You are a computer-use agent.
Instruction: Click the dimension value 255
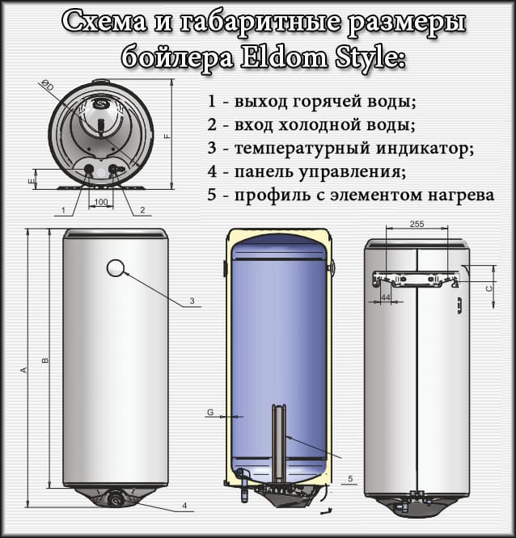[x=417, y=224]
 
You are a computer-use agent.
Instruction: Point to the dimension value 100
[x=101, y=201]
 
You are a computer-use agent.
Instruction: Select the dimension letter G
[x=210, y=413]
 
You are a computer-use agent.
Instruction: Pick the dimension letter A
[x=24, y=370]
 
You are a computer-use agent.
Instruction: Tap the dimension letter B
[x=45, y=360]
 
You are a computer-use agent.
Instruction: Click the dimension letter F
[x=167, y=137]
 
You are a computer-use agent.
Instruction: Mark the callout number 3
[x=192, y=301]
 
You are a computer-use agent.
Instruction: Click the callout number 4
[x=184, y=506]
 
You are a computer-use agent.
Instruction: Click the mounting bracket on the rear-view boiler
[x=415, y=280]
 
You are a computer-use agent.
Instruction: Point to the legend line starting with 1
[x=311, y=103]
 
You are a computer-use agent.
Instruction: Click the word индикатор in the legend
[x=428, y=149]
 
